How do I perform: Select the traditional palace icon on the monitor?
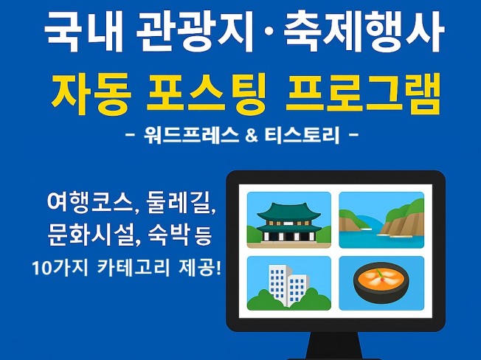(288, 219)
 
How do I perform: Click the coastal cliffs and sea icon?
(381, 219)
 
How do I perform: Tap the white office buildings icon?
(288, 284)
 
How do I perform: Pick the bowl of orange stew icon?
(381, 284)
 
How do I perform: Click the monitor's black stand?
(335, 347)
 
